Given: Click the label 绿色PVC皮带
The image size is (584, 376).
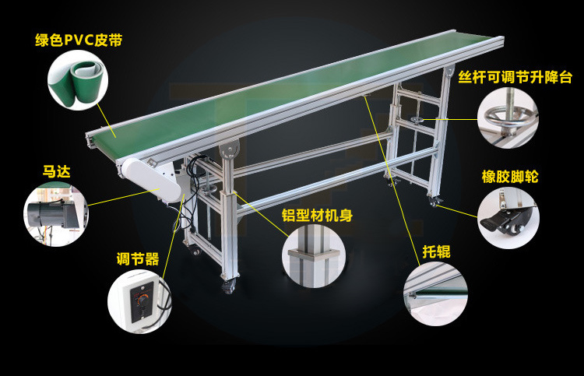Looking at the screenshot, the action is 79,40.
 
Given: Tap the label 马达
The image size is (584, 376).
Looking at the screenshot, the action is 56,171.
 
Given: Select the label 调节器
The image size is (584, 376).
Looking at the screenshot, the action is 138,258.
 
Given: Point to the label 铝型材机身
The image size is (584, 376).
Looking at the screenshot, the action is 317,215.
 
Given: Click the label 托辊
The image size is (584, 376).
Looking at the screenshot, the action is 436,251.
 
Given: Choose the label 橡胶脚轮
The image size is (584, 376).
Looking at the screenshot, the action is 510,177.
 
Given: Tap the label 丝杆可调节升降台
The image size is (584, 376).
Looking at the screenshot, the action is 515,77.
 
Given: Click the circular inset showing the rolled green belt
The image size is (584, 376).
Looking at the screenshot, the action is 78,80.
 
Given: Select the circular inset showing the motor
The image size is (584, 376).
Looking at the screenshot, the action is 56,214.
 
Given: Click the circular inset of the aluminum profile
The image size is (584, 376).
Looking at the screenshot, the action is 314,255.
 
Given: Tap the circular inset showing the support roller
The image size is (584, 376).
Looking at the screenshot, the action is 436,293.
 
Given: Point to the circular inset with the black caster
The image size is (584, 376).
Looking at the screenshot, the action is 508,218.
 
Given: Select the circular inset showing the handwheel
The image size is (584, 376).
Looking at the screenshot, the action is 508,118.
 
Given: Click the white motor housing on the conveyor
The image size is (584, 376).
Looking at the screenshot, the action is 152,180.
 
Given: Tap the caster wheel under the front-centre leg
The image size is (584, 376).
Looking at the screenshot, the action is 228,287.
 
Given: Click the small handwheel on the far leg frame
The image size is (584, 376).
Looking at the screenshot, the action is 417,120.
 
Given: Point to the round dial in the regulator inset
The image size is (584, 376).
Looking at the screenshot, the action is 142,300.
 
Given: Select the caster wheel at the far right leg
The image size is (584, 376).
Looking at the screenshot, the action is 434,202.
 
